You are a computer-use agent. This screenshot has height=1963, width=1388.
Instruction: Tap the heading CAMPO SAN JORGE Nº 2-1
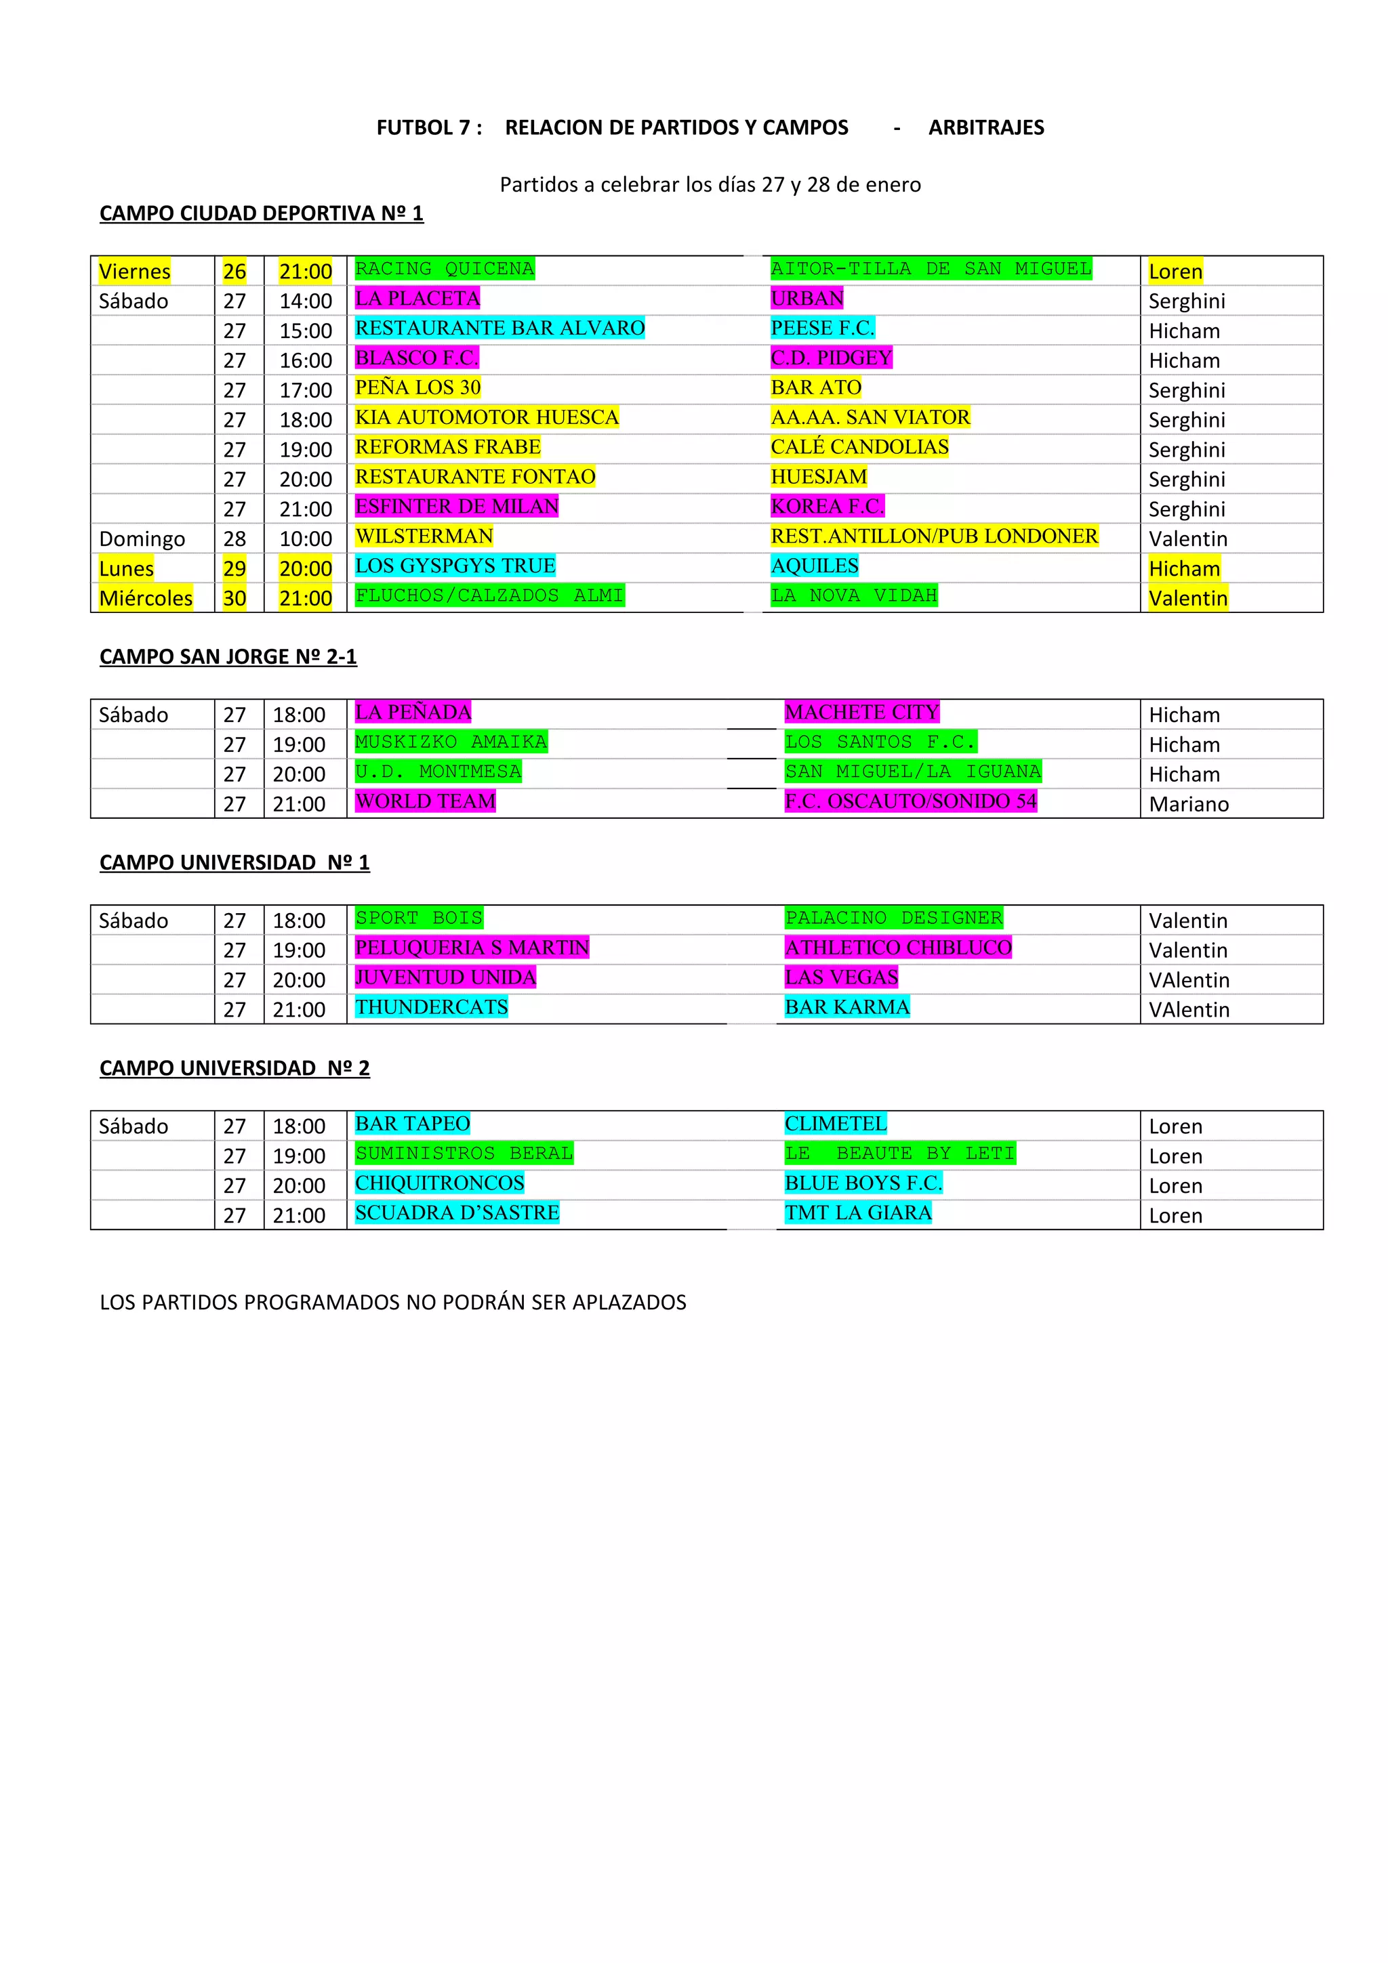coord(228,656)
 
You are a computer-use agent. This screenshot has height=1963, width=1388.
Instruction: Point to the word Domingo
coord(142,539)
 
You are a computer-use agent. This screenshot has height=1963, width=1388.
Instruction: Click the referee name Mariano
coord(1188,803)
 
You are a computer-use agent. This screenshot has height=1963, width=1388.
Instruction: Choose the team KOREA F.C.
coord(827,506)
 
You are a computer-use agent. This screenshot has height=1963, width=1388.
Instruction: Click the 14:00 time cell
coord(305,301)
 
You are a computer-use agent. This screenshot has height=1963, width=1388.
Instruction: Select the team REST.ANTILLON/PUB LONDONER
coord(934,536)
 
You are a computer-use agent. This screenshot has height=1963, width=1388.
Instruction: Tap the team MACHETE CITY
coord(861,712)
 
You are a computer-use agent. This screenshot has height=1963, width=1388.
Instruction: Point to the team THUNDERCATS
coord(431,1007)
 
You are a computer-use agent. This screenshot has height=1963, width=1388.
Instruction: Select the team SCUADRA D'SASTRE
coord(457,1212)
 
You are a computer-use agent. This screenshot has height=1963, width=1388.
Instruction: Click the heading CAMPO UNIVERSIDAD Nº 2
coord(234,1068)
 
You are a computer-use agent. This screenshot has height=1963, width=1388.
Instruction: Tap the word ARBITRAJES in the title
coord(986,127)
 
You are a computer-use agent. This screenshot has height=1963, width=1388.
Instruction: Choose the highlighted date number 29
coord(234,568)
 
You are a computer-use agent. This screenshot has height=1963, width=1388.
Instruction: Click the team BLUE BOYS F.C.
coord(863,1183)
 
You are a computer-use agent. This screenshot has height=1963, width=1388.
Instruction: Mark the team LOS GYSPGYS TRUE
coord(455,566)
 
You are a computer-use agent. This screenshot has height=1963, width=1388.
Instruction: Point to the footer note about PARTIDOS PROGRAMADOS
coord(392,1302)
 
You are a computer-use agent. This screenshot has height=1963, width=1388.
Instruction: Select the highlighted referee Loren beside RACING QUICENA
coord(1175,272)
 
